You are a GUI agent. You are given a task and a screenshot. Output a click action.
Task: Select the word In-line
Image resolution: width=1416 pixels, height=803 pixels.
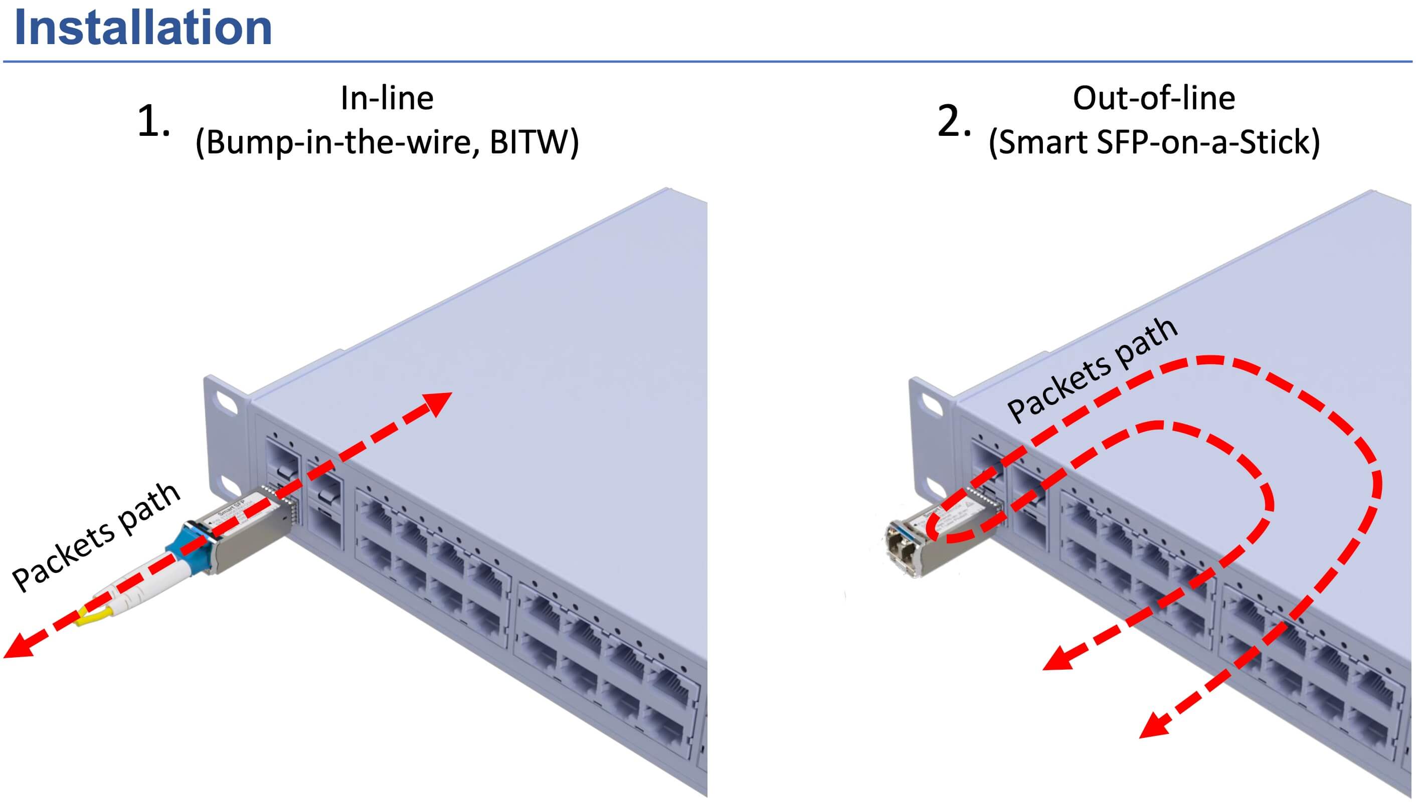pos(387,98)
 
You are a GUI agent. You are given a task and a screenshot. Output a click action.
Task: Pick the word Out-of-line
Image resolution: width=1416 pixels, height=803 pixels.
pos(1153,98)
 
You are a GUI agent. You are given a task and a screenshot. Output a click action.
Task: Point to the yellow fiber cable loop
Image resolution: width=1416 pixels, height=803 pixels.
pos(94,616)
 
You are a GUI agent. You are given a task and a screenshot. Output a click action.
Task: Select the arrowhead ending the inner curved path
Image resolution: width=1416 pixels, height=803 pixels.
pos(1056,659)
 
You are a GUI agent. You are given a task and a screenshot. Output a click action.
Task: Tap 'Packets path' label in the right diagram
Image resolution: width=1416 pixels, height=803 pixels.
pos(1092,370)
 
